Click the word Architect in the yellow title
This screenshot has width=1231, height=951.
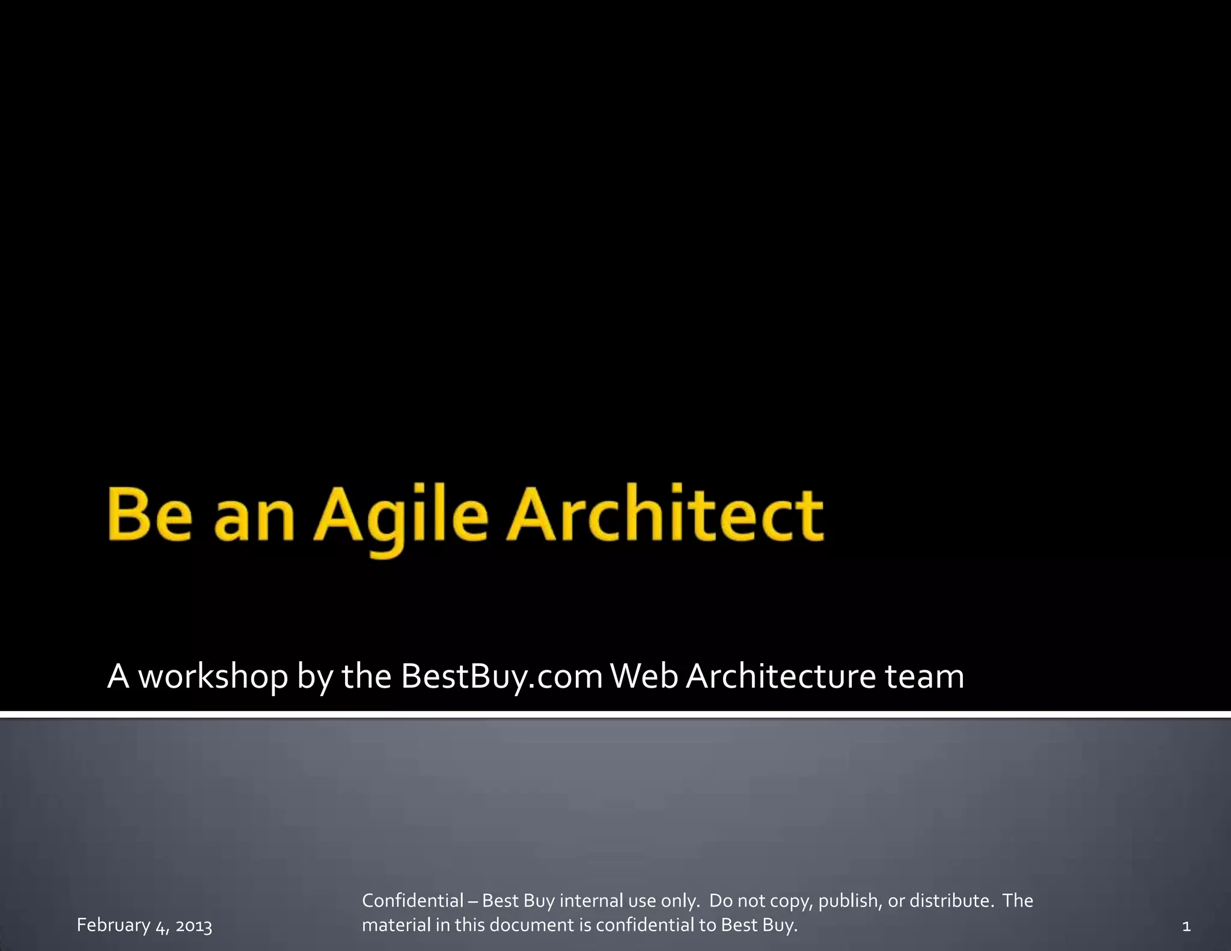665,516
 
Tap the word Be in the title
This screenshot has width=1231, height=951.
150,516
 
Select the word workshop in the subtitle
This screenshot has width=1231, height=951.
213,676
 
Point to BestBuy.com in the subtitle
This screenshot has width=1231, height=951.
501,676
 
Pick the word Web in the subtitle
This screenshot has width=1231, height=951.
644,676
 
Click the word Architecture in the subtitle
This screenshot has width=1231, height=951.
781,676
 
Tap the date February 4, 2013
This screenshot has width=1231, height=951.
144,926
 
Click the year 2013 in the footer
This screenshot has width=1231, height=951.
194,926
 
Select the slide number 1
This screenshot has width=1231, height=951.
1186,926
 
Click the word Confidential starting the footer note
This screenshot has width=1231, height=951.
412,901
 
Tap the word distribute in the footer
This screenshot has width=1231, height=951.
951,901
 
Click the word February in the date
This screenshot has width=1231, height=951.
114,926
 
